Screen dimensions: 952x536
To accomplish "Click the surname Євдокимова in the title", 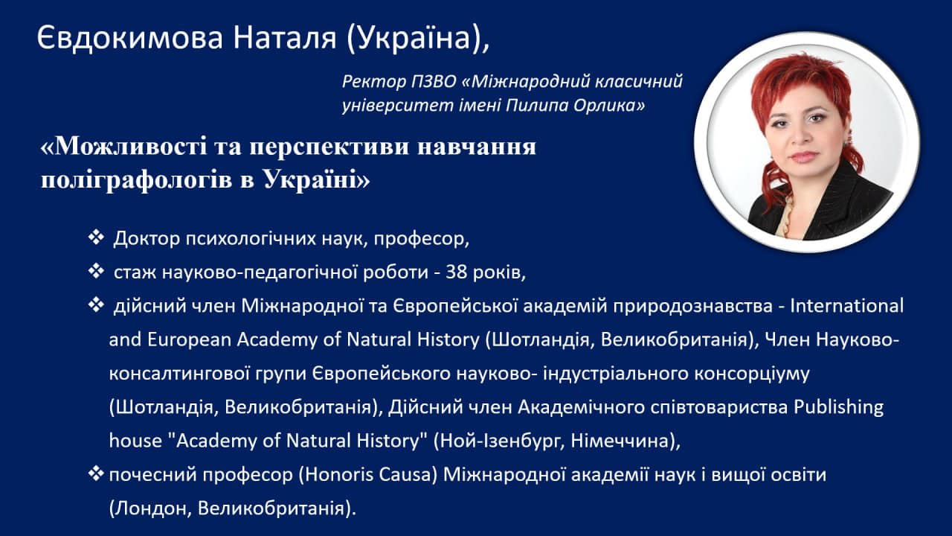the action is tap(130, 37).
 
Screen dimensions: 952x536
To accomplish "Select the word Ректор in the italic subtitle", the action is tap(374, 81).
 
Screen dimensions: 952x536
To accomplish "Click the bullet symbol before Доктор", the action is tap(96, 237).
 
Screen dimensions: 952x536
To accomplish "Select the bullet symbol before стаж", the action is tap(96, 271).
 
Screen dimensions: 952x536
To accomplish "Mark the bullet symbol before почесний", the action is tap(96, 473).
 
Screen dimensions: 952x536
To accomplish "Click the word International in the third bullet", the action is tap(846, 306).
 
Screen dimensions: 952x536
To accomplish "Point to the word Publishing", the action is tap(838, 408).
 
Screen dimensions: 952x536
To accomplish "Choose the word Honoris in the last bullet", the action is tap(335, 475).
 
